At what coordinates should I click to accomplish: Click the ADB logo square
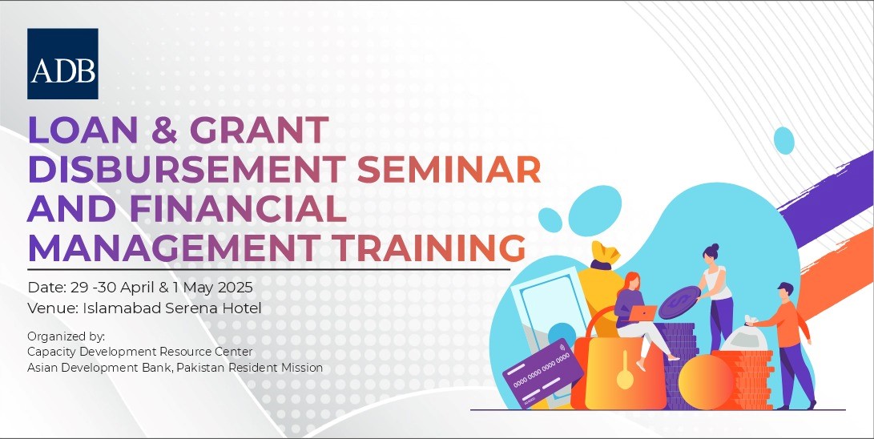(62, 63)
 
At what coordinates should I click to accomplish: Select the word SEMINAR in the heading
(449, 169)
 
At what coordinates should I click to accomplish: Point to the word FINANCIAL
(237, 209)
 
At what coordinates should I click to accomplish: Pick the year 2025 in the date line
(234, 288)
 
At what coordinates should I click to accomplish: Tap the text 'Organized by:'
(66, 337)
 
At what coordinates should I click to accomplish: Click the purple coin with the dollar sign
(680, 302)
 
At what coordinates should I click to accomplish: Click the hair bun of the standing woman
(715, 247)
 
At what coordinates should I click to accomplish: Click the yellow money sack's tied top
(606, 256)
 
